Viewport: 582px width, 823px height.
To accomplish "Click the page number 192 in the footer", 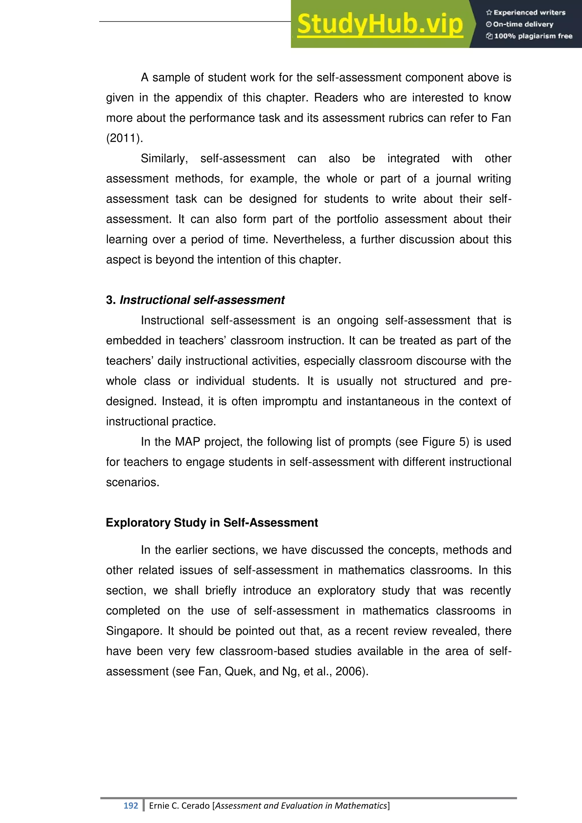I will (x=130, y=805).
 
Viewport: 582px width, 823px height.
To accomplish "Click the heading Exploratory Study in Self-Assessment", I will (x=212, y=522).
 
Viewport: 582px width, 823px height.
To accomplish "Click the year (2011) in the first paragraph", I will (x=124, y=138).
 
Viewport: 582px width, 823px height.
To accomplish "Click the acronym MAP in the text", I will (x=187, y=442).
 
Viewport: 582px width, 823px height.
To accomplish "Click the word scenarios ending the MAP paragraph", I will (x=132, y=482).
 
